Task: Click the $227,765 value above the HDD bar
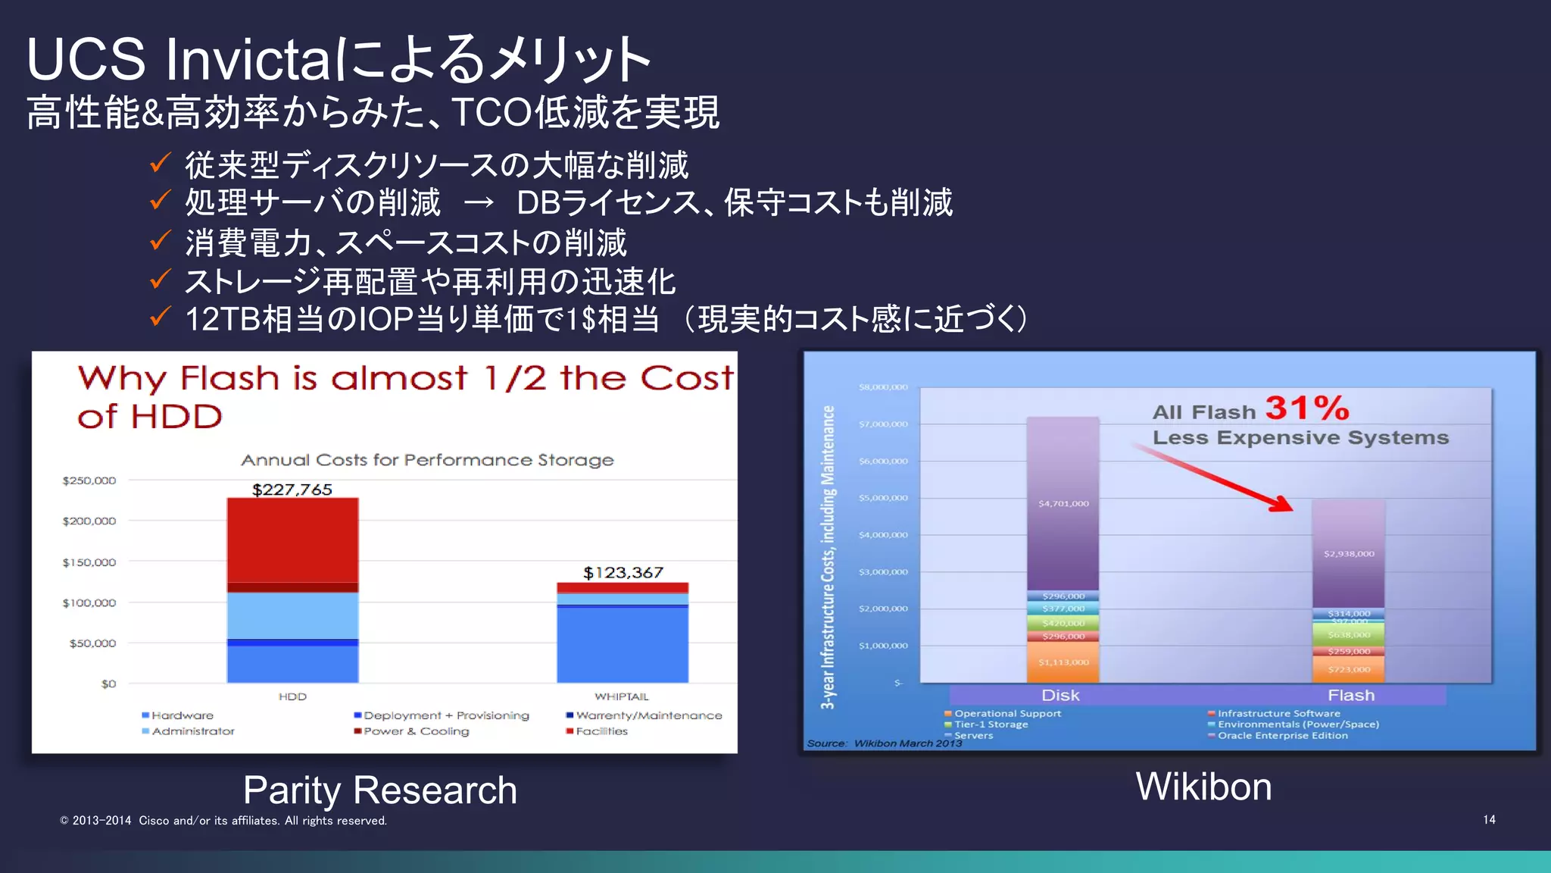click(292, 490)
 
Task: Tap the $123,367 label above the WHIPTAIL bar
click(623, 573)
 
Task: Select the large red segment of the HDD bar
click(292, 540)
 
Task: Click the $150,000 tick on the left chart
click(89, 562)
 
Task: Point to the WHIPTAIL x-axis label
click(621, 696)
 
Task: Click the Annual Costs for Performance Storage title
click(427, 460)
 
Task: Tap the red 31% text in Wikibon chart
click(1307, 408)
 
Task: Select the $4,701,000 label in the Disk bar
click(1063, 503)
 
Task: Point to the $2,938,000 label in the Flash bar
click(1349, 554)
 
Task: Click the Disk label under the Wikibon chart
click(1060, 696)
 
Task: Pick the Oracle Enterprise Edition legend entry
click(1282, 736)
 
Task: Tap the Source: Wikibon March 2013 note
click(884, 743)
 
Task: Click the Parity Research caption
click(380, 790)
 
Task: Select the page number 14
click(1489, 820)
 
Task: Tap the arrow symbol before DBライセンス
click(479, 203)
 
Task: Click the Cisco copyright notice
click(223, 821)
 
